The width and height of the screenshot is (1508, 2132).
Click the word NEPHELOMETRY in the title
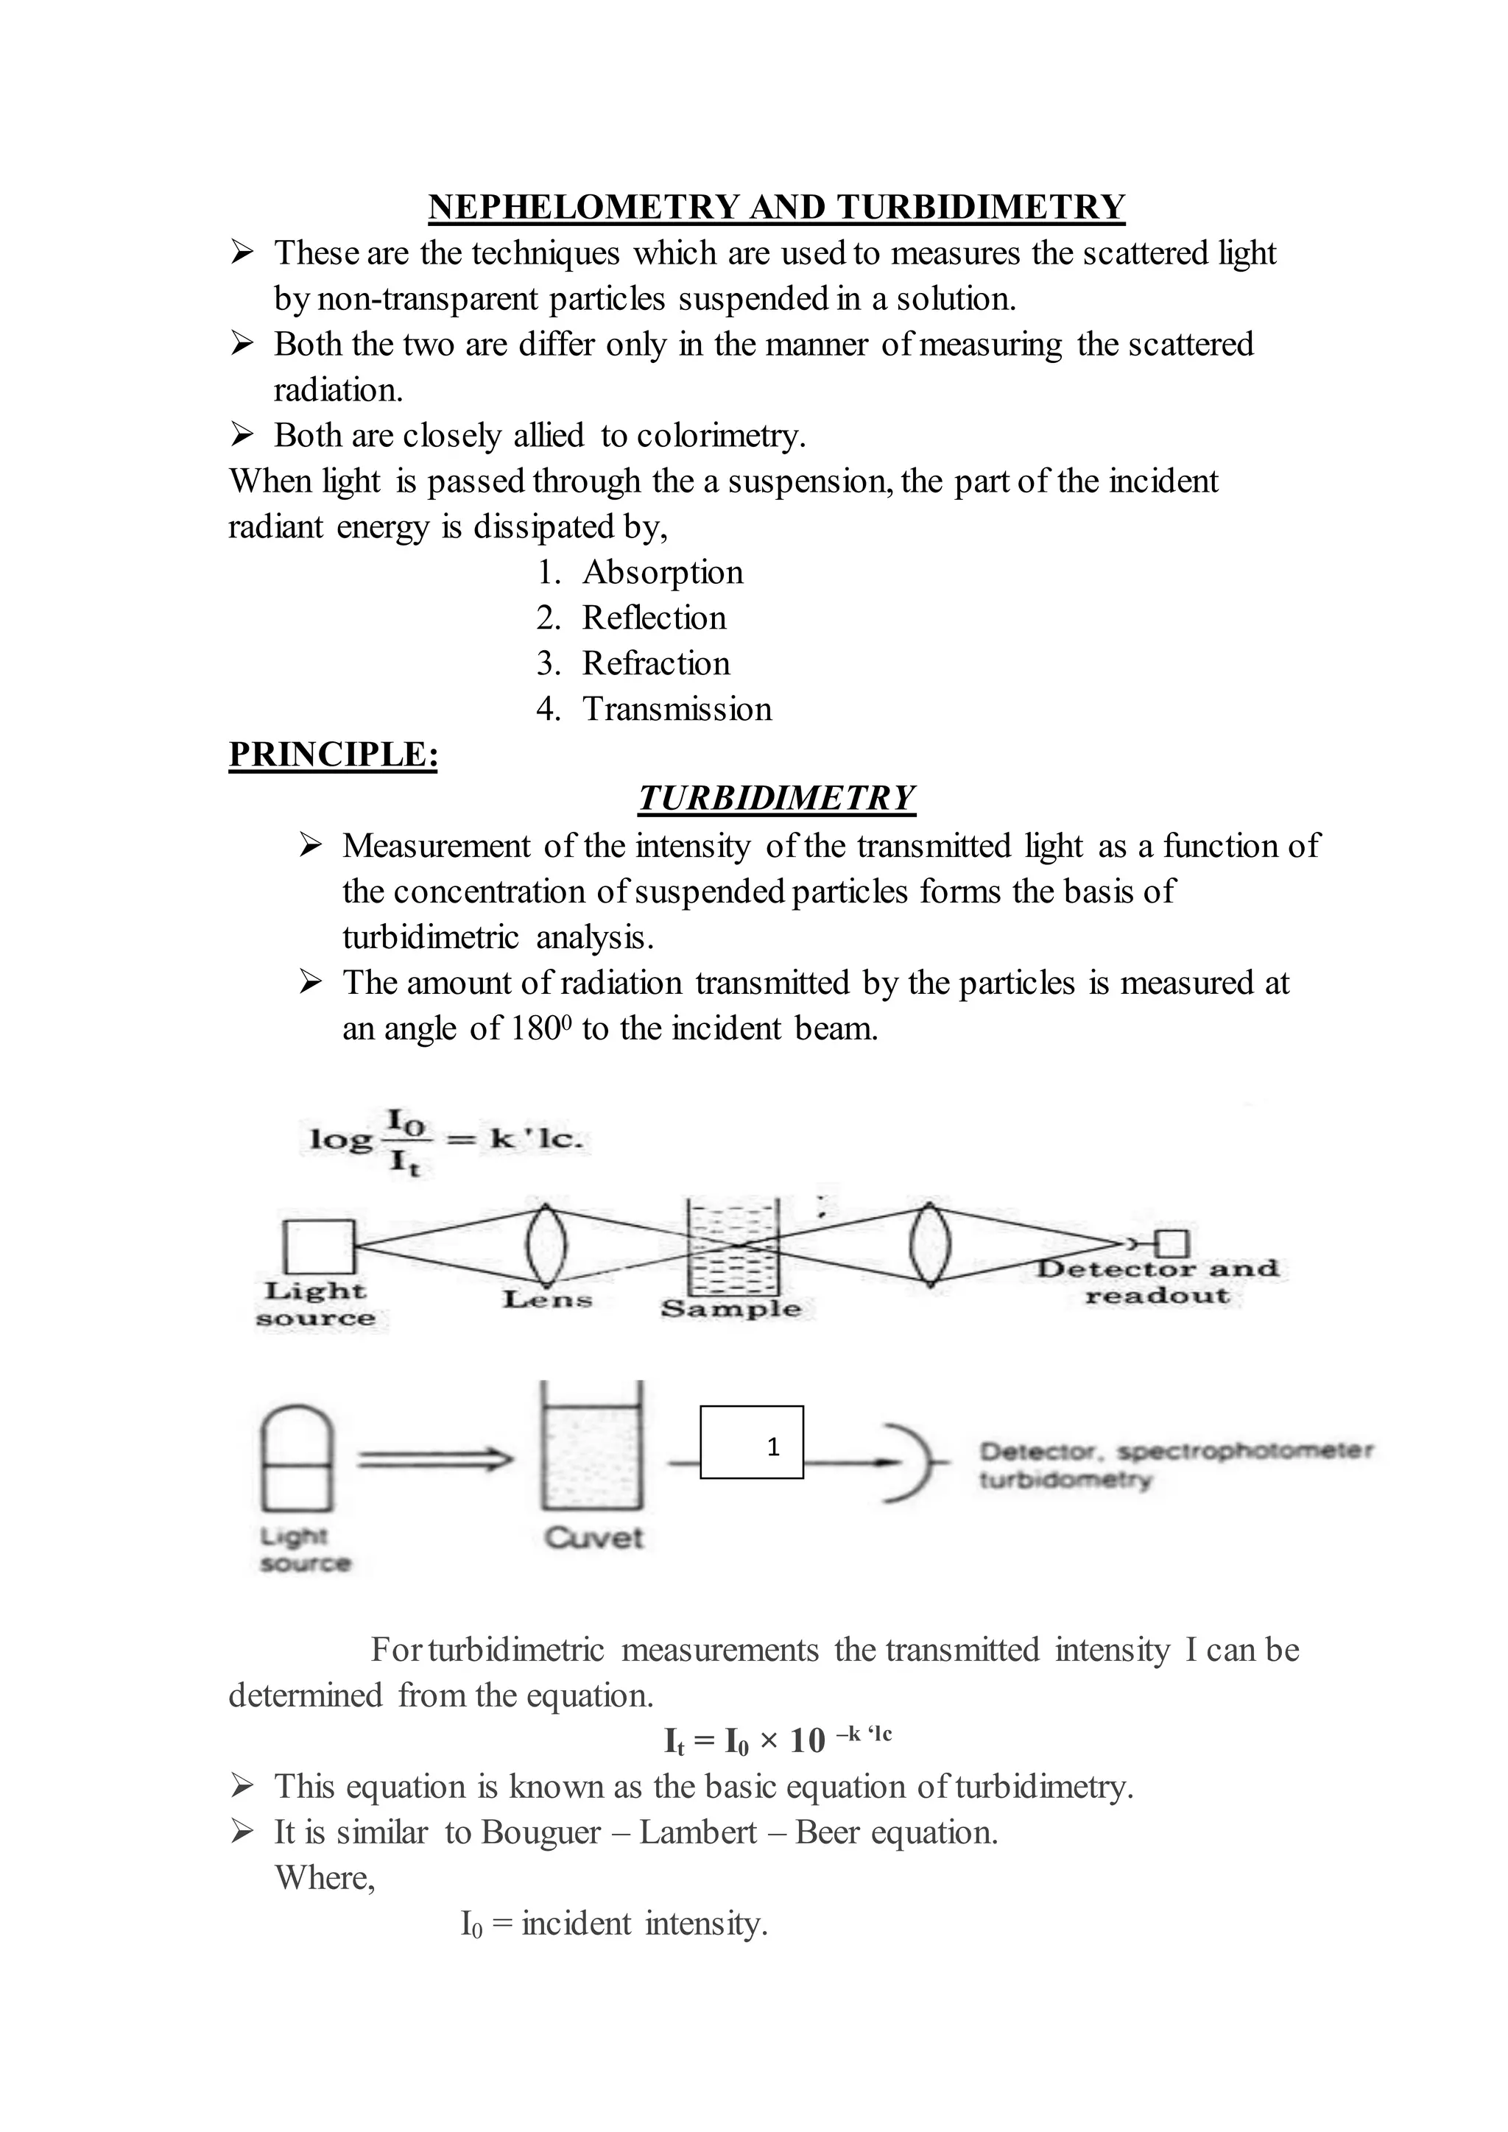click(583, 206)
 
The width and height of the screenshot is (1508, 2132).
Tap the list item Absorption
click(662, 572)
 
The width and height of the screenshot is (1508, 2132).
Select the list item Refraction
click(655, 663)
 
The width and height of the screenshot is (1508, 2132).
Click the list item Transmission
click(677, 708)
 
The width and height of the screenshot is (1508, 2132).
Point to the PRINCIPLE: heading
click(332, 754)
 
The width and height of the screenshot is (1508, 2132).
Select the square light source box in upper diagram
click(319, 1246)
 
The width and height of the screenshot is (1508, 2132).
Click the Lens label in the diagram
click(547, 1299)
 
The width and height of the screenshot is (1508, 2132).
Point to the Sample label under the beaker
click(730, 1308)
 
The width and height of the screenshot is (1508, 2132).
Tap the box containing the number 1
click(751, 1442)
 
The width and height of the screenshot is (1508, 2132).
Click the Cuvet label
click(593, 1538)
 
